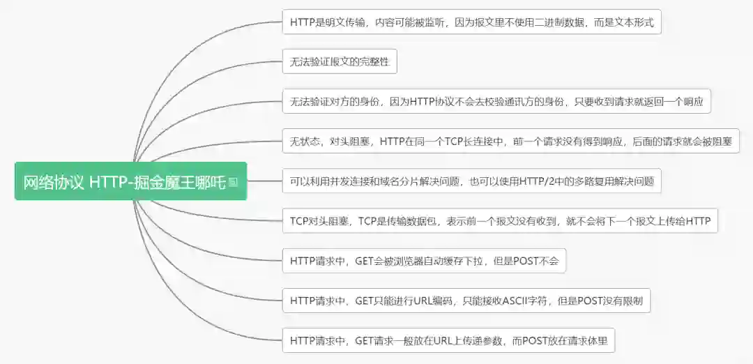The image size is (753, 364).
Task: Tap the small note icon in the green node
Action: tap(233, 182)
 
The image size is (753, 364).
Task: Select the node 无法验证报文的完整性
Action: tap(339, 62)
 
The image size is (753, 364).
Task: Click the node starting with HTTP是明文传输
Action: tap(471, 22)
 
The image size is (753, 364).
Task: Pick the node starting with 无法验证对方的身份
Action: tap(496, 102)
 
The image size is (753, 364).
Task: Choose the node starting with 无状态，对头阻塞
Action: tap(510, 142)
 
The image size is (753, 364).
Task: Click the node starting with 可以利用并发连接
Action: tap(471, 182)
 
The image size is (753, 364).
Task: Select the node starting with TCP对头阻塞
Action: tap(500, 222)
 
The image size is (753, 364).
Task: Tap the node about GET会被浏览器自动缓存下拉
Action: tap(424, 261)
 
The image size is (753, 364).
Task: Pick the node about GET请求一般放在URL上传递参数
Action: tap(449, 342)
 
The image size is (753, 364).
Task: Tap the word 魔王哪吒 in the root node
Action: tap(196, 182)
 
